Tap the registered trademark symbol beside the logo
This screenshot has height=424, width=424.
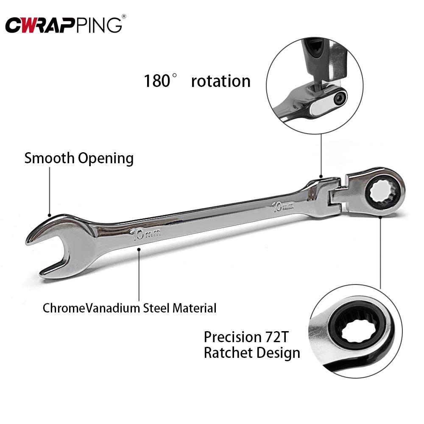click(x=123, y=16)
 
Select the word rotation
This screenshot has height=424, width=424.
click(x=220, y=81)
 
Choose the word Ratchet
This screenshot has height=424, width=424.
click(x=228, y=353)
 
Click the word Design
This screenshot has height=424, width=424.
click(x=278, y=353)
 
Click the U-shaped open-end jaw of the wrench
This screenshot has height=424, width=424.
click(x=47, y=250)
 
